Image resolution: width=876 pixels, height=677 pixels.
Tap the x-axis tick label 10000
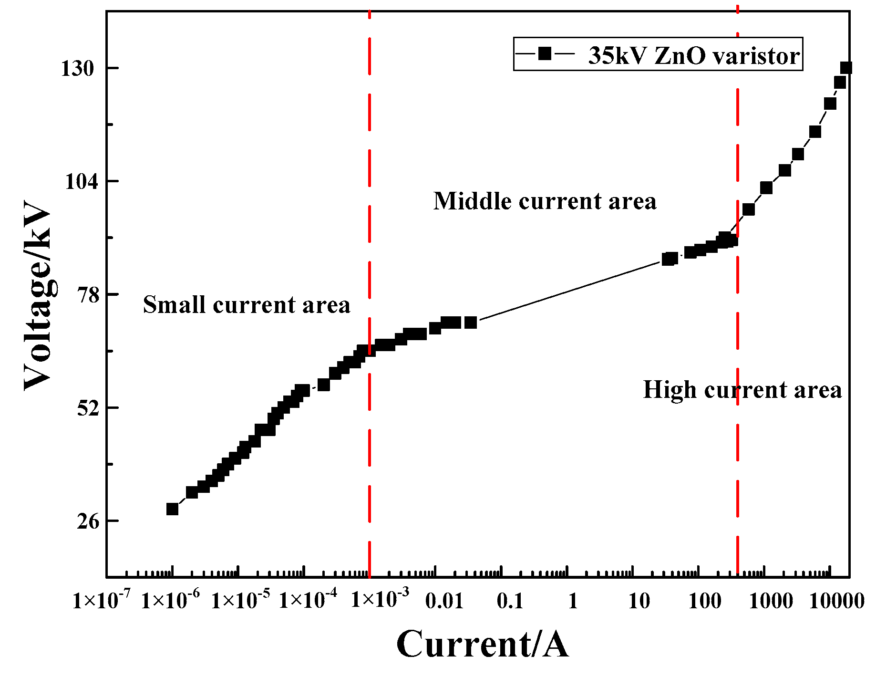[836, 601]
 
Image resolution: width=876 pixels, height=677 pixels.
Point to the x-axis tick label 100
[705, 601]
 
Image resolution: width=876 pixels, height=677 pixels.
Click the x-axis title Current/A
[482, 645]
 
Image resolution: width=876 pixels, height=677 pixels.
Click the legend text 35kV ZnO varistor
[693, 56]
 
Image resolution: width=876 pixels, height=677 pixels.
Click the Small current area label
[247, 304]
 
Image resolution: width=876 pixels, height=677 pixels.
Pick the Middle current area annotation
[545, 201]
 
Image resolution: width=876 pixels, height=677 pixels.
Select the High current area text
[742, 389]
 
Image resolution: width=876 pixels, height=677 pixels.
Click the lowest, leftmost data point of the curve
[172, 509]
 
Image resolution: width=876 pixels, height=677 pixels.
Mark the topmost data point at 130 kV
[846, 68]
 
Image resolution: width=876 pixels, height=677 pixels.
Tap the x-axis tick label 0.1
[510, 601]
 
